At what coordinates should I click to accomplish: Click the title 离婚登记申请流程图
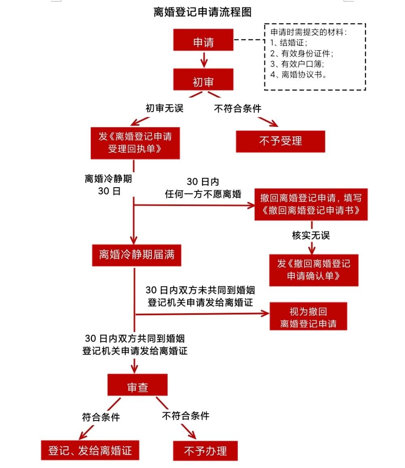click(202, 12)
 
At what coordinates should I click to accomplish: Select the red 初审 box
click(203, 79)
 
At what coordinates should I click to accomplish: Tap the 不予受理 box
click(280, 141)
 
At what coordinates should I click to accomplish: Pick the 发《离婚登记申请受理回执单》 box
click(135, 143)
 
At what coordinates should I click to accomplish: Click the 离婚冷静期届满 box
click(136, 254)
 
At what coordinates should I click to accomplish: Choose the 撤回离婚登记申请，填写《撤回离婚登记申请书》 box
click(311, 204)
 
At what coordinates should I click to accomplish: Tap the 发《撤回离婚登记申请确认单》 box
click(313, 270)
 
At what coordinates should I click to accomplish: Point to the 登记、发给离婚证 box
click(90, 450)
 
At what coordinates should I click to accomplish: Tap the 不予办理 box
click(205, 450)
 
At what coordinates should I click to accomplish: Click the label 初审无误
click(164, 108)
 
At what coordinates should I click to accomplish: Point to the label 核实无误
click(311, 235)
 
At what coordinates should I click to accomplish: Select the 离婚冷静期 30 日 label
click(109, 185)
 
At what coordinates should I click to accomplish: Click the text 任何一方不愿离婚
click(203, 194)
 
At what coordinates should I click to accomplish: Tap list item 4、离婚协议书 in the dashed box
click(298, 75)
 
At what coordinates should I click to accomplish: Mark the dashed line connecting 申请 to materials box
click(249, 40)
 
